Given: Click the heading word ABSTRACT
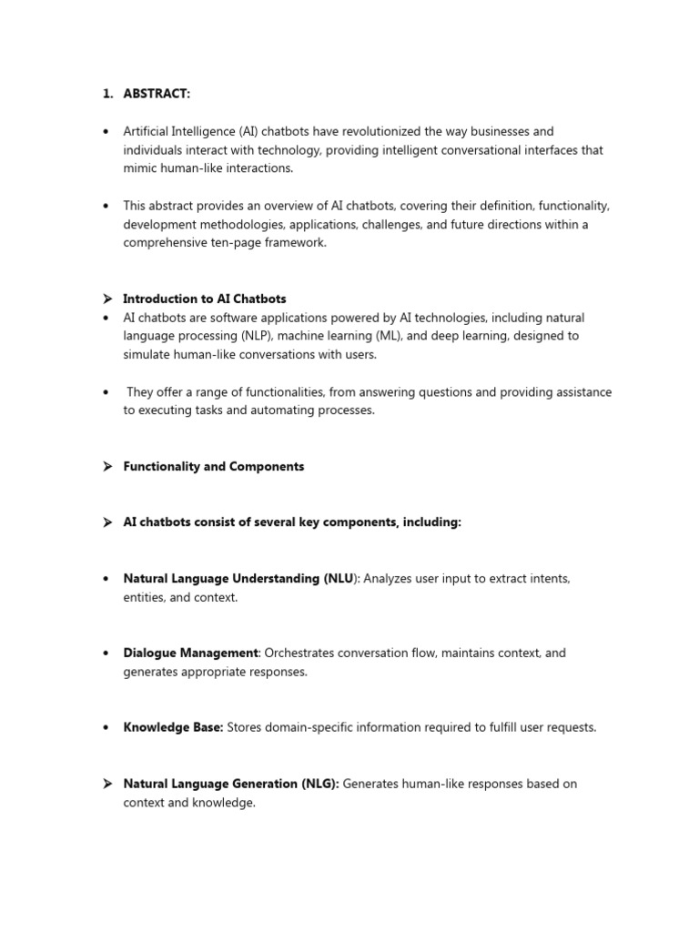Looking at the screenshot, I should coord(157,94).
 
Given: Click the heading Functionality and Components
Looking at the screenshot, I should coord(214,466).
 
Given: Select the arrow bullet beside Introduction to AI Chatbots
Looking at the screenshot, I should coord(106,299).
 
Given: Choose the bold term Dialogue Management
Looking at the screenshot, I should coord(191,653).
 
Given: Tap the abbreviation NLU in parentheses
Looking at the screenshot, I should coord(336,578).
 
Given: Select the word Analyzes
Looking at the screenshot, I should coord(390,578).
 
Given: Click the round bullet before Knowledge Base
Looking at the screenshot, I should coord(106,727).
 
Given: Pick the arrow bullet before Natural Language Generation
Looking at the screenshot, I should coord(106,784).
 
